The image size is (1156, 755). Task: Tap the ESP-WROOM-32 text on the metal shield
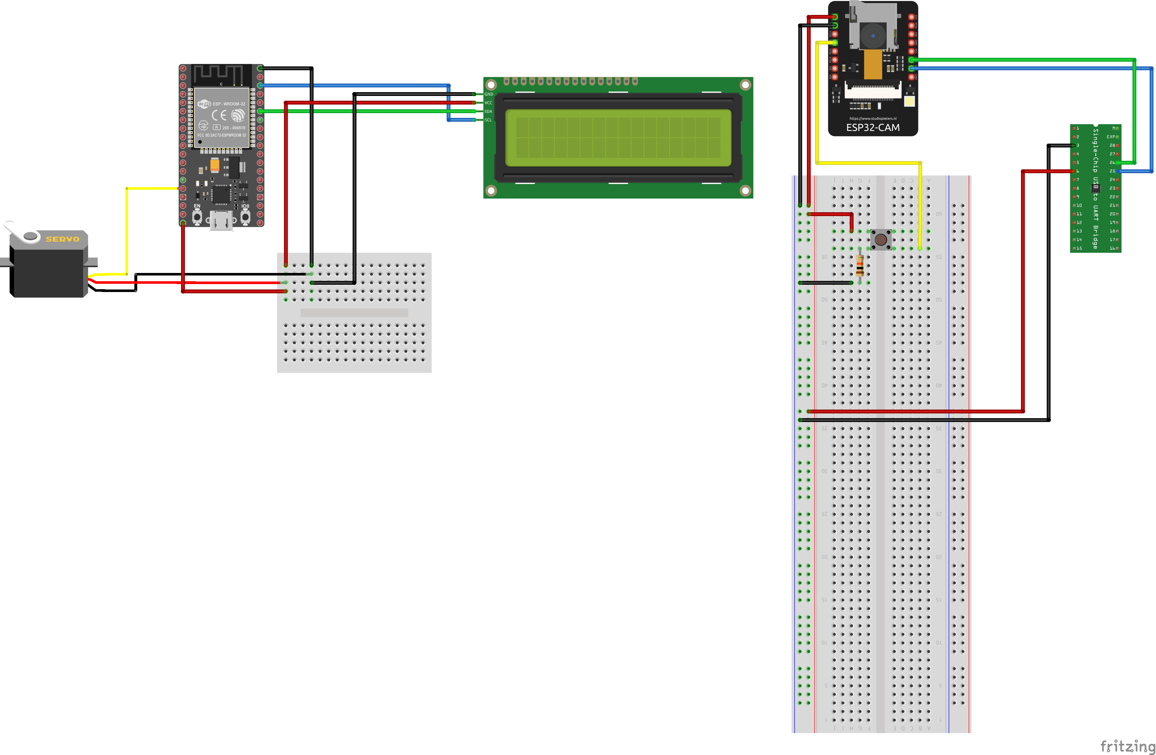click(x=229, y=104)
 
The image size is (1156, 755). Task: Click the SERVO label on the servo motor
click(x=62, y=239)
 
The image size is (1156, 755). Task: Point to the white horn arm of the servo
click(x=15, y=230)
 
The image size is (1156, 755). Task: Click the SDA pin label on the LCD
click(x=488, y=111)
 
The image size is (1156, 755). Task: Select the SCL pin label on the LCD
click(x=488, y=120)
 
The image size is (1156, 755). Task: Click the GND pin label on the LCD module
click(x=489, y=94)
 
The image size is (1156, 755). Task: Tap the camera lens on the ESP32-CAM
click(x=873, y=36)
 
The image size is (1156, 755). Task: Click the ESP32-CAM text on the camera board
click(x=873, y=128)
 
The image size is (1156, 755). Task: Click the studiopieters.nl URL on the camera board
click(x=873, y=118)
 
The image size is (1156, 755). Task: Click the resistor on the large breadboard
click(x=860, y=266)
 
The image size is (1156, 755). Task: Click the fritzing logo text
click(x=1126, y=746)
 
